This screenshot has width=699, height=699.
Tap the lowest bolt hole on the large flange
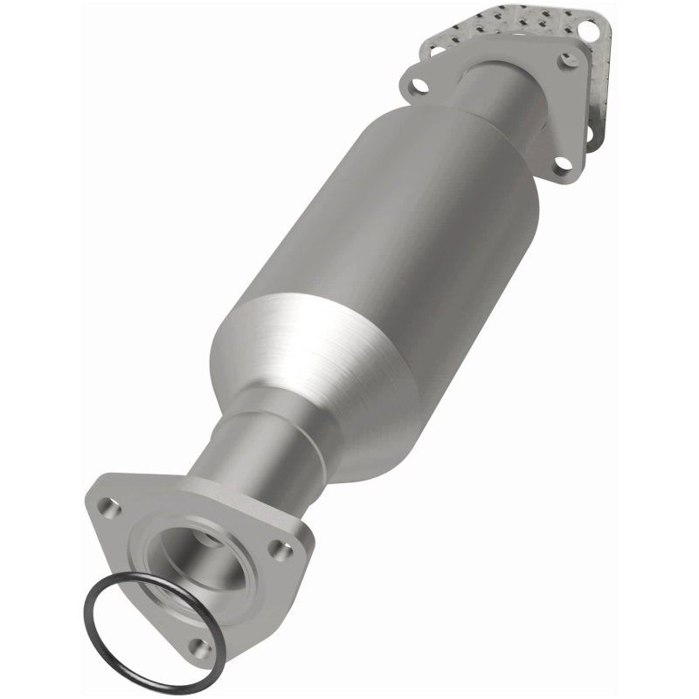coord(200,647)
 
